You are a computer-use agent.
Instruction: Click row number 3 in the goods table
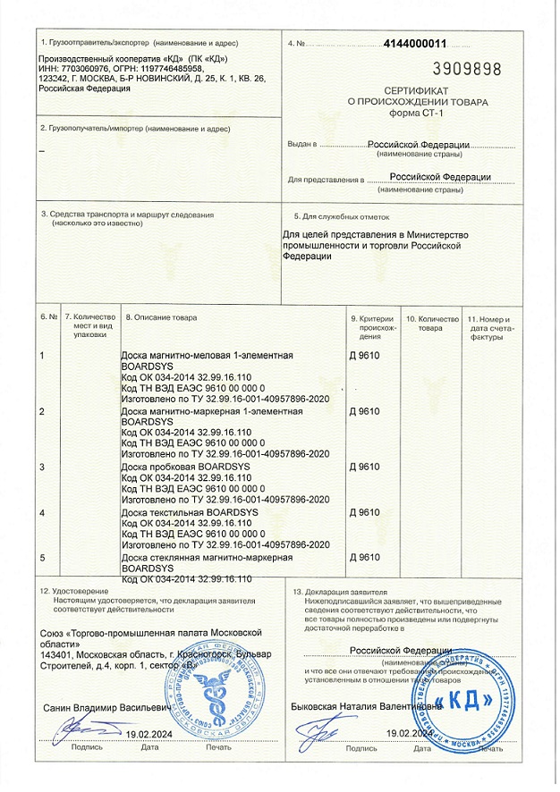[43, 467]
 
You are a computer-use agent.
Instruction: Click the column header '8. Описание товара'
[160, 317]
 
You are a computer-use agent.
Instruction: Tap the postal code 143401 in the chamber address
[57, 653]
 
